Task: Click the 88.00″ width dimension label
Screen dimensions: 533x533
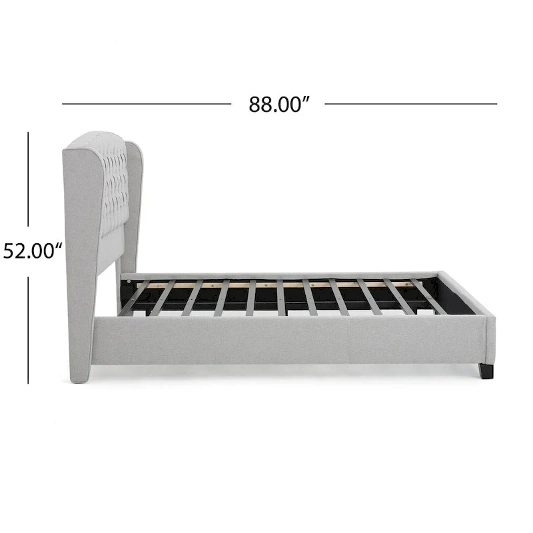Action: (x=279, y=105)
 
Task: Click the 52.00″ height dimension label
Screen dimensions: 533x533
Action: (x=33, y=252)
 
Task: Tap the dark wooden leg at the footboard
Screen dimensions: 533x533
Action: (x=486, y=371)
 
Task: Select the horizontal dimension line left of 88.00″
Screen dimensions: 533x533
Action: (x=147, y=104)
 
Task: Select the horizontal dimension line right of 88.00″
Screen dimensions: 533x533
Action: (x=411, y=104)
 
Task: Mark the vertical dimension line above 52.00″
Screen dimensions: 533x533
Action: (x=28, y=179)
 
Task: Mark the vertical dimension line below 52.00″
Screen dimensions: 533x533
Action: (x=28, y=330)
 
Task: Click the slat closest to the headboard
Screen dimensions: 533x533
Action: (x=135, y=298)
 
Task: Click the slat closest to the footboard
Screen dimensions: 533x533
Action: (x=429, y=297)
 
